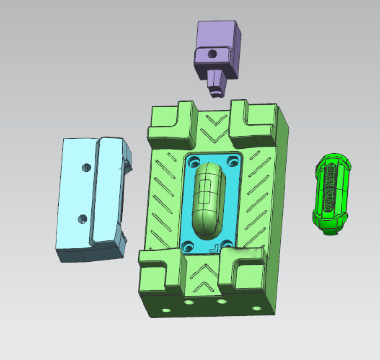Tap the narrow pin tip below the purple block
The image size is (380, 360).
pos(217,91)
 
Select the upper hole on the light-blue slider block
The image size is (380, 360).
pos(86,167)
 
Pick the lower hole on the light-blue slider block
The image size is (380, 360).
pos(83,220)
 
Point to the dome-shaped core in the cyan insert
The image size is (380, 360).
pos(209,200)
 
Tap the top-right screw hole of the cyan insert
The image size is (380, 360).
pos(232,162)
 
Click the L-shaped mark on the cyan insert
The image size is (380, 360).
pos(214,247)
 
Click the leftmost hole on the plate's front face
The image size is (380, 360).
pos(166,311)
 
